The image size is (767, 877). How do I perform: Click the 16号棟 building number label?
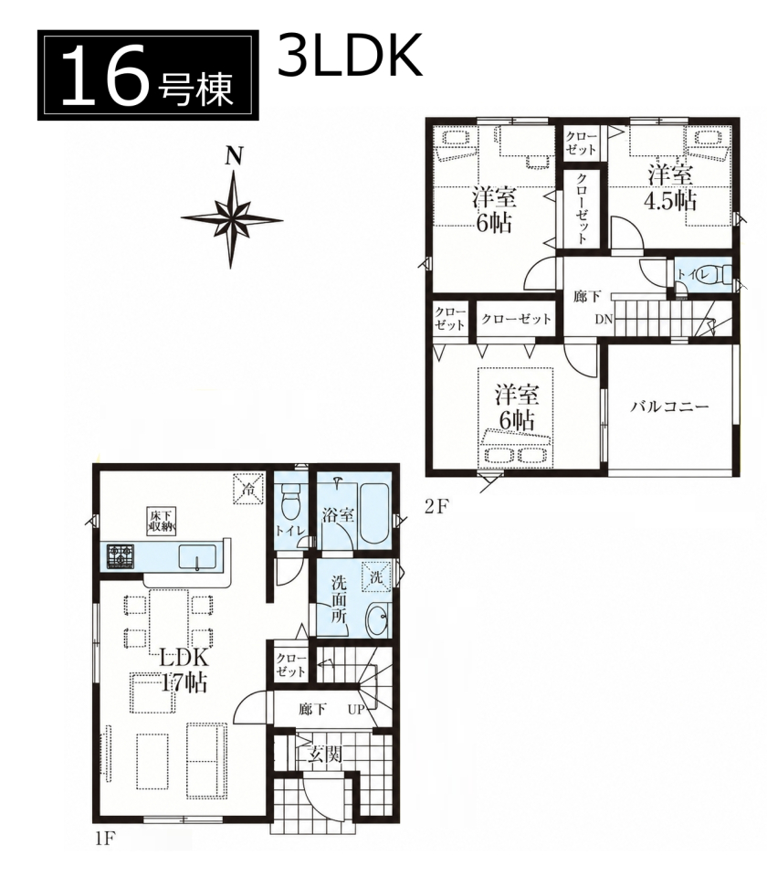coord(148,75)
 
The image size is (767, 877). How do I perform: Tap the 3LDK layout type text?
coord(350,55)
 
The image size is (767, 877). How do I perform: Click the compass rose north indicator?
coord(232,211)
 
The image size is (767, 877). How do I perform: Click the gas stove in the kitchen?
coord(121,556)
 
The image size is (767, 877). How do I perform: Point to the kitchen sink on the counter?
coord(197,557)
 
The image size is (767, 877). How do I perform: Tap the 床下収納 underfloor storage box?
coord(162,521)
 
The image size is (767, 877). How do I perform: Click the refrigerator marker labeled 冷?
coord(247,489)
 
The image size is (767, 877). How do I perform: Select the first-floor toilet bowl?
coord(290,502)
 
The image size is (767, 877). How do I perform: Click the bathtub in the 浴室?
coord(375,512)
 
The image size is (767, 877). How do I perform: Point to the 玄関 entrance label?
coord(325,755)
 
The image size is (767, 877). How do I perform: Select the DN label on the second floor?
coord(604,320)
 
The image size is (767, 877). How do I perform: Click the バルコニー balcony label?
coord(669,406)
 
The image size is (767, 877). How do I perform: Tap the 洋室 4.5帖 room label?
coord(671,188)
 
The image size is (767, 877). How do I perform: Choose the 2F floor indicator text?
coord(436,505)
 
